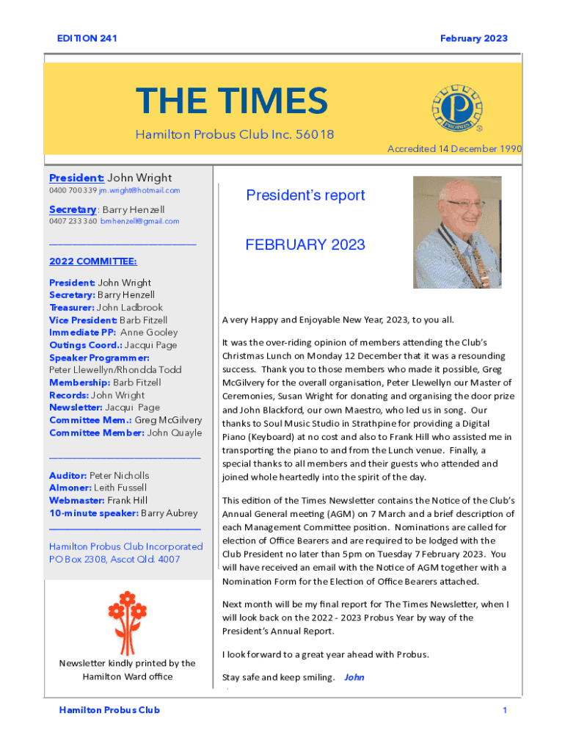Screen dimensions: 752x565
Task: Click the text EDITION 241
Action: pyautogui.click(x=87, y=38)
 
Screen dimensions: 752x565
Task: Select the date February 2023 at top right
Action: pyautogui.click(x=473, y=38)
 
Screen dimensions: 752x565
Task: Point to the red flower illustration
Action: pyautogui.click(x=128, y=613)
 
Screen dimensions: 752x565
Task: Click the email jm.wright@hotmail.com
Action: pyautogui.click(x=139, y=190)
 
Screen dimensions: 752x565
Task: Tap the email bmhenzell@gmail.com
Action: pyautogui.click(x=140, y=221)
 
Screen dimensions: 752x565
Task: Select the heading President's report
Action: pyautogui.click(x=305, y=195)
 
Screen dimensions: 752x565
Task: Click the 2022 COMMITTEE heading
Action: pyautogui.click(x=92, y=261)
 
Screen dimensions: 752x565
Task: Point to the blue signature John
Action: pyautogui.click(x=354, y=677)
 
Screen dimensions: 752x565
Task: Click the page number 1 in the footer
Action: pyautogui.click(x=505, y=710)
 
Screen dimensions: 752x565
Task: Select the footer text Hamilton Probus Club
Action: pyautogui.click(x=109, y=710)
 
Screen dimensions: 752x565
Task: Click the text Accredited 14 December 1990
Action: pyautogui.click(x=455, y=149)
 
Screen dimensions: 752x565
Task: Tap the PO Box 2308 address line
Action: pyautogui.click(x=114, y=559)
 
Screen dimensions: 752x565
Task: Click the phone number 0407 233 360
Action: pyautogui.click(x=73, y=221)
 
